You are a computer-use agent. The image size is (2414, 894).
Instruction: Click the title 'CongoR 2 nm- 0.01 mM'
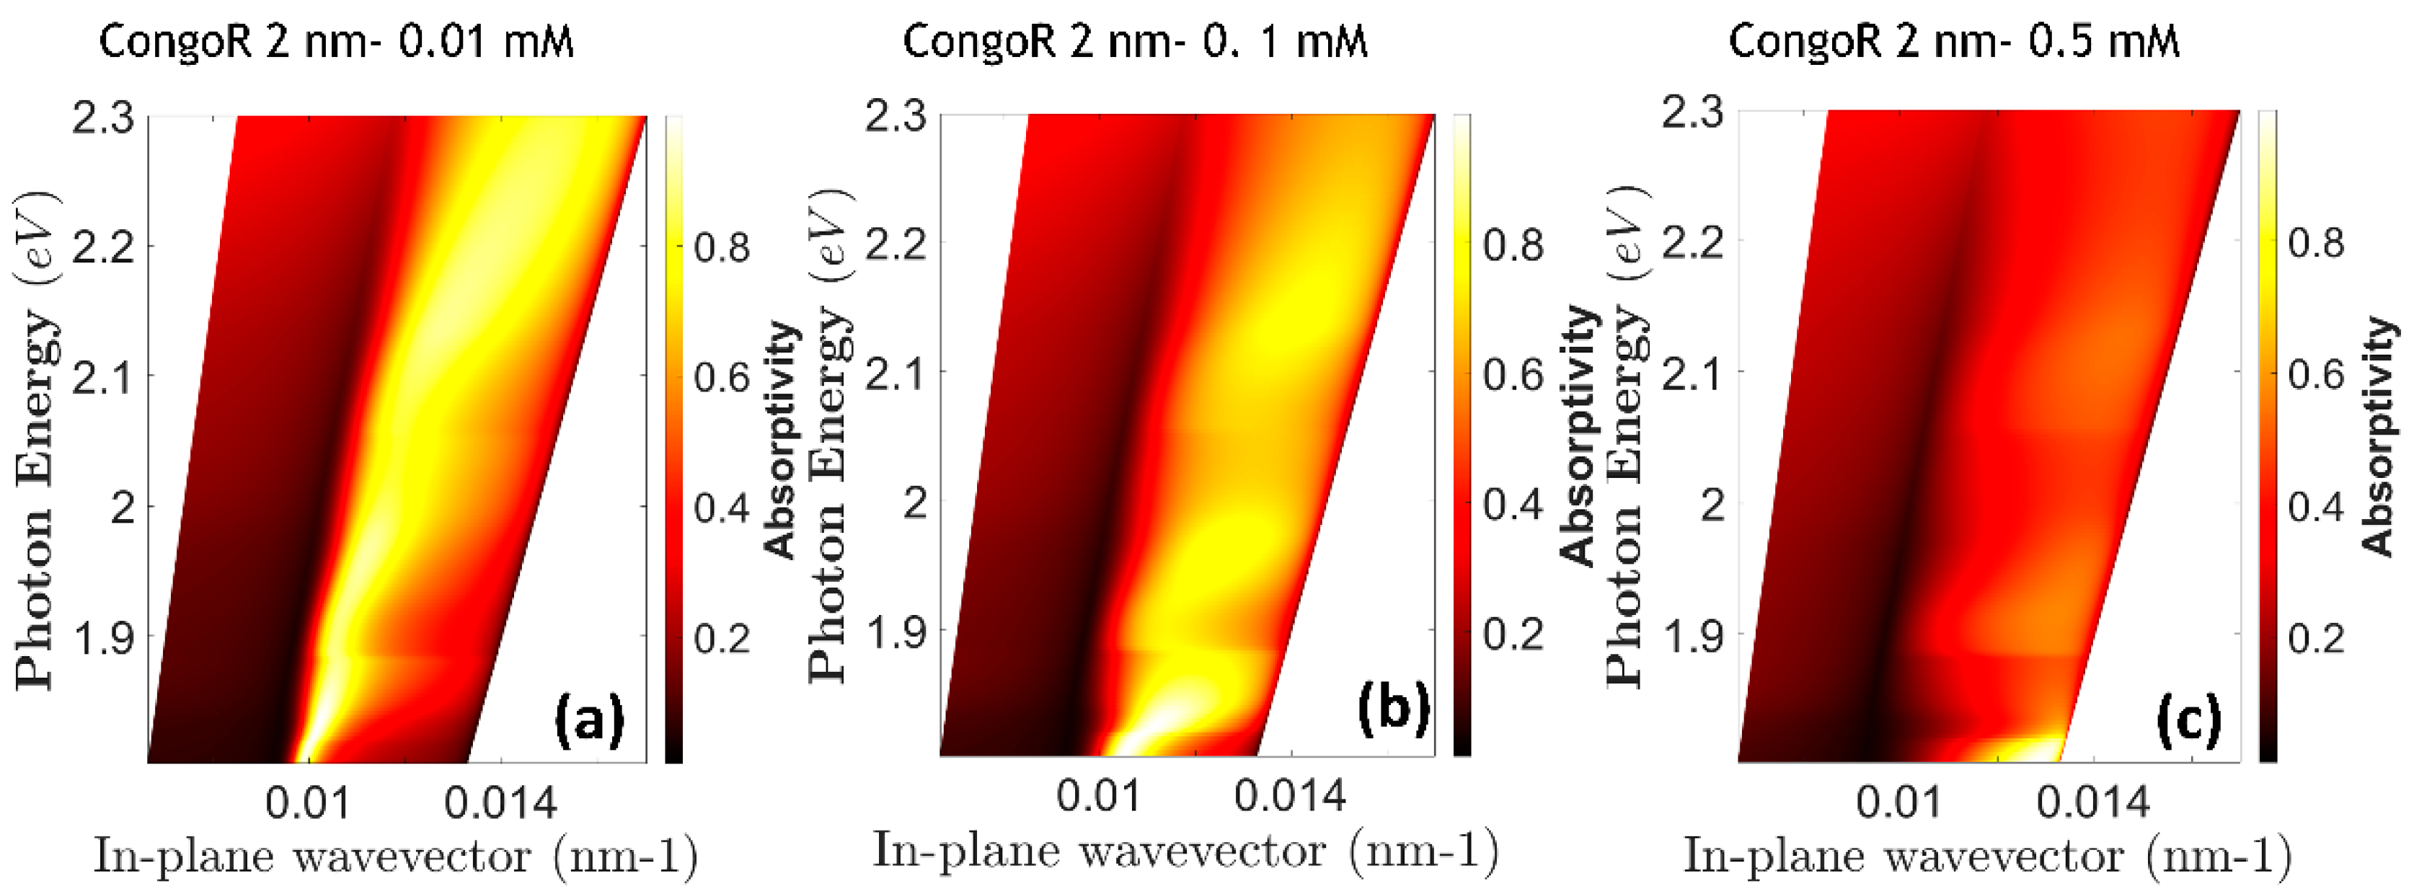coord(335,42)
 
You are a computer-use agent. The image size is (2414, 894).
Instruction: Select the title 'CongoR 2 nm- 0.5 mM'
coord(1954,42)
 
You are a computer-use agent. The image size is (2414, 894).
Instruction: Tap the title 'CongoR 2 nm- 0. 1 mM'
coord(1135,42)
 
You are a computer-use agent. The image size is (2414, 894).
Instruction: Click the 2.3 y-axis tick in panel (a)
coord(103,119)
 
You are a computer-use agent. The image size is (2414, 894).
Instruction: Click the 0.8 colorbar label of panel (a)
coord(722,248)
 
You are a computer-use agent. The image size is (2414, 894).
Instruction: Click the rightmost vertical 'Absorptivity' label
coord(2379,435)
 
